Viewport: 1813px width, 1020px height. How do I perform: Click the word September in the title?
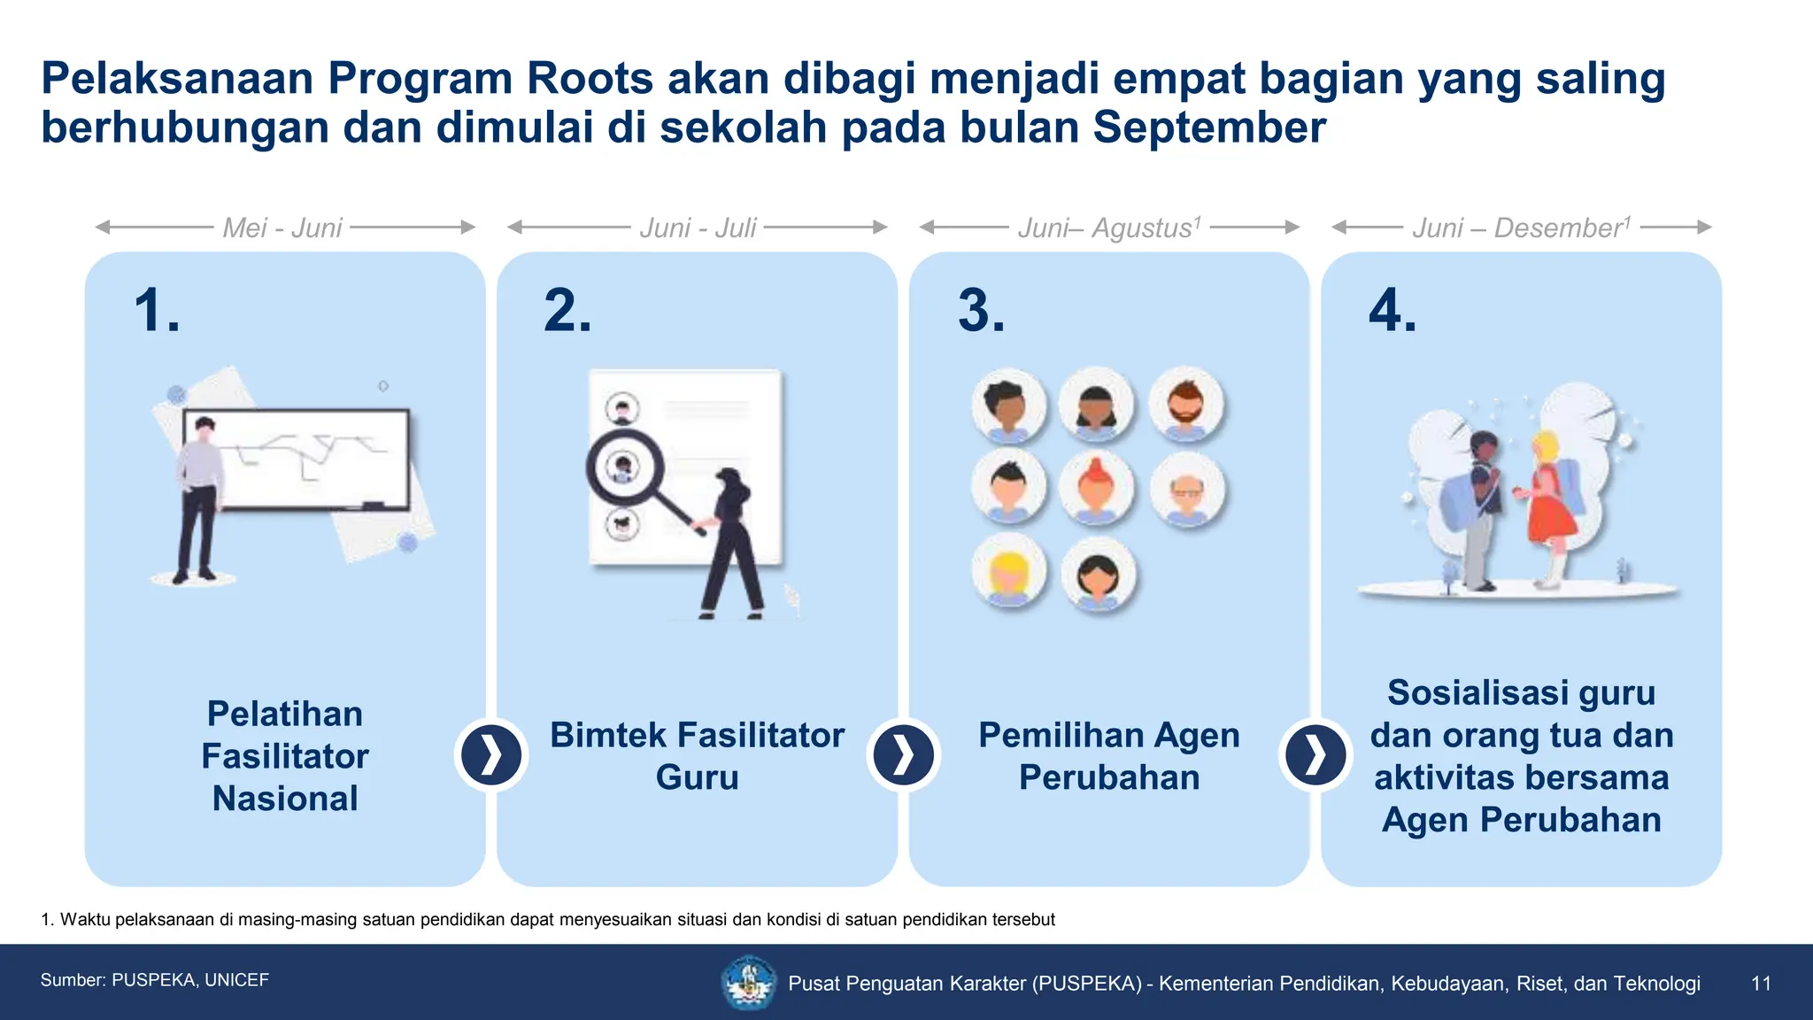[1208, 128]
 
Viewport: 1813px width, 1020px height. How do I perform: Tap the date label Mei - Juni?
[282, 228]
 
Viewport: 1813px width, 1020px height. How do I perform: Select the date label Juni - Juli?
[698, 228]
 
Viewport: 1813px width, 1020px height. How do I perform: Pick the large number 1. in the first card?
[158, 312]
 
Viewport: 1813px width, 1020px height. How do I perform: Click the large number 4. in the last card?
[1393, 312]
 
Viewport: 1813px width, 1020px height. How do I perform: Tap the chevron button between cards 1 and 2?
[491, 755]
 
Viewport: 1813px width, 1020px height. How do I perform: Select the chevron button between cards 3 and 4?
[1315, 755]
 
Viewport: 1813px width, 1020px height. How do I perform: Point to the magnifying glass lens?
[623, 467]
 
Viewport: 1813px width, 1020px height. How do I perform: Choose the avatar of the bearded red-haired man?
[1186, 405]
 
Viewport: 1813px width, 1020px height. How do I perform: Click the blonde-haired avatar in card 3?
[1008, 571]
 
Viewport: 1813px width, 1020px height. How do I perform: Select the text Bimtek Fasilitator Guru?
[698, 756]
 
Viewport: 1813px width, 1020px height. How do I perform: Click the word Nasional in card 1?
[285, 799]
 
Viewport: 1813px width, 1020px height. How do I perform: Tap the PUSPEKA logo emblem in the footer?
[749, 982]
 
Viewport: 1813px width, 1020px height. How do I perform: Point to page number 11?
[1761, 983]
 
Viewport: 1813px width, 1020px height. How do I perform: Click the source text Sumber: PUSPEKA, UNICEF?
[155, 980]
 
